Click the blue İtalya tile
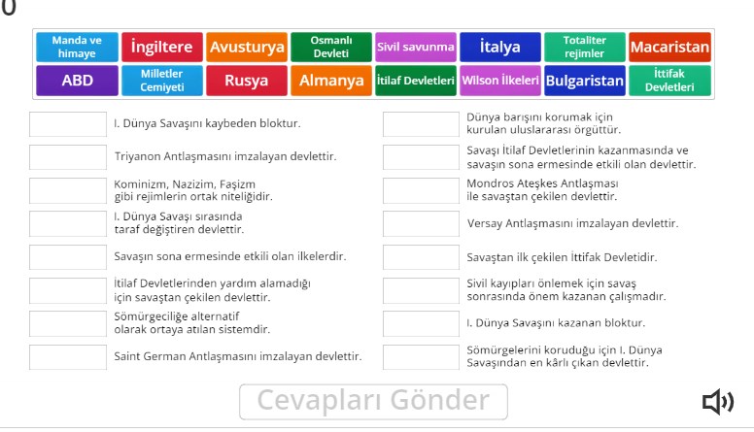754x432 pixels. pos(500,47)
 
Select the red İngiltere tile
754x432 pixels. pos(162,47)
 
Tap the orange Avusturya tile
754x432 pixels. pos(247,47)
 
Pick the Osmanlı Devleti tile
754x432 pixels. pos(330,47)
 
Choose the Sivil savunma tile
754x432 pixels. pos(415,47)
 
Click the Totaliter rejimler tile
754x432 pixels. pos(585,47)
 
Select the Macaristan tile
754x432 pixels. pos(669,47)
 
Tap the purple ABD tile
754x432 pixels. pos(78,81)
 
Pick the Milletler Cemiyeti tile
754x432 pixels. pos(162,81)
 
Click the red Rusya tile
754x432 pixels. pos(247,81)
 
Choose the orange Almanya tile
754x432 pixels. pos(330,81)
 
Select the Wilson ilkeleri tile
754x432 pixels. pos(500,81)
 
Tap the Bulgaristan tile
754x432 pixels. pos(585,81)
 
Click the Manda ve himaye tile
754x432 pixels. pos(78,47)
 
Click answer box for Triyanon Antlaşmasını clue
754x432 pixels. pos(68,156)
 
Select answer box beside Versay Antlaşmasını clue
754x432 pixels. pos(421,223)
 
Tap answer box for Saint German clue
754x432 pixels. pos(68,356)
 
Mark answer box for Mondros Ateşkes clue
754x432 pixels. pos(421,189)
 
